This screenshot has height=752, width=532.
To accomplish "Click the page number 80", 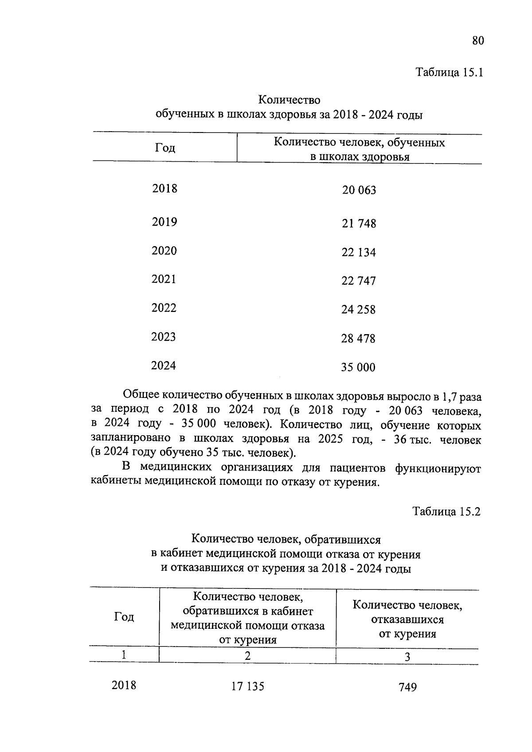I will (478, 41).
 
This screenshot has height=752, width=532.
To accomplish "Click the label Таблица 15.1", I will (449, 72).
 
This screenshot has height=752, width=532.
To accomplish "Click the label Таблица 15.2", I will (446, 511).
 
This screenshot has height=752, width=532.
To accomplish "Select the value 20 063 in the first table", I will (359, 190).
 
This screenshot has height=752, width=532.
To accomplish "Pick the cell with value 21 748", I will (359, 223).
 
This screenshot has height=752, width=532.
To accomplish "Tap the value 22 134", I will (358, 252).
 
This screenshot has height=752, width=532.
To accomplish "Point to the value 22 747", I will (358, 281).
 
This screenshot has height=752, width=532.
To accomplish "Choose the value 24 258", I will (358, 310).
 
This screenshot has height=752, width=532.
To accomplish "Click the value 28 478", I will (358, 339).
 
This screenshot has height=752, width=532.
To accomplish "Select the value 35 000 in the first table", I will (358, 367).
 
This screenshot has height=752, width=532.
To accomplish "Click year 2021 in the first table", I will (164, 279).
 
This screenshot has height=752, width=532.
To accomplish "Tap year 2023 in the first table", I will (164, 337).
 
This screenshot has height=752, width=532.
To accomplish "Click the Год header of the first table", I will (165, 148).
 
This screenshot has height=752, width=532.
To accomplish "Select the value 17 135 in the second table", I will (247, 686).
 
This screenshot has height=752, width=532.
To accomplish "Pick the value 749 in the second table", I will (407, 687).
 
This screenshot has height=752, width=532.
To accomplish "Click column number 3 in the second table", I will (407, 657).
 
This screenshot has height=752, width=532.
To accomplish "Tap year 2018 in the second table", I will (124, 685).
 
